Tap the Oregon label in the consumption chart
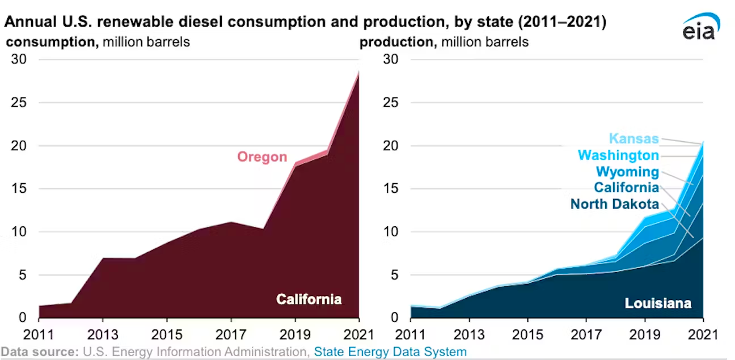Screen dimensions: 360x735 click(262, 156)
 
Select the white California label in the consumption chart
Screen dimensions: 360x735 click(309, 299)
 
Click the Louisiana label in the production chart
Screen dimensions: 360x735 click(658, 303)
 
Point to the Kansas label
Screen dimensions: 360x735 click(633, 138)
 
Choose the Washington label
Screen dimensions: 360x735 click(618, 155)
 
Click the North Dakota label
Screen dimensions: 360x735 click(615, 204)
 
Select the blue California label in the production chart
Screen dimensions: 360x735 click(627, 188)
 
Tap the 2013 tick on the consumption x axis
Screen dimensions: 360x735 click(103, 332)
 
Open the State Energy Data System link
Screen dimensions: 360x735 click(391, 351)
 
